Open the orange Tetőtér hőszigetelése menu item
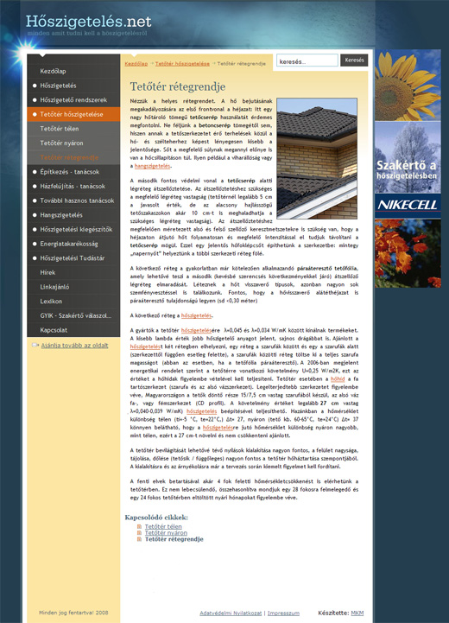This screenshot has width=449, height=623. (72, 114)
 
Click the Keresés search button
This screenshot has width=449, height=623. (355, 61)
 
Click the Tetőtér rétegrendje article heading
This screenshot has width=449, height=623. (177, 86)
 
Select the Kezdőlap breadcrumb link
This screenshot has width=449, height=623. (136, 63)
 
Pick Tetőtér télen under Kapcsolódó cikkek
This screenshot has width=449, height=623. (163, 526)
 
